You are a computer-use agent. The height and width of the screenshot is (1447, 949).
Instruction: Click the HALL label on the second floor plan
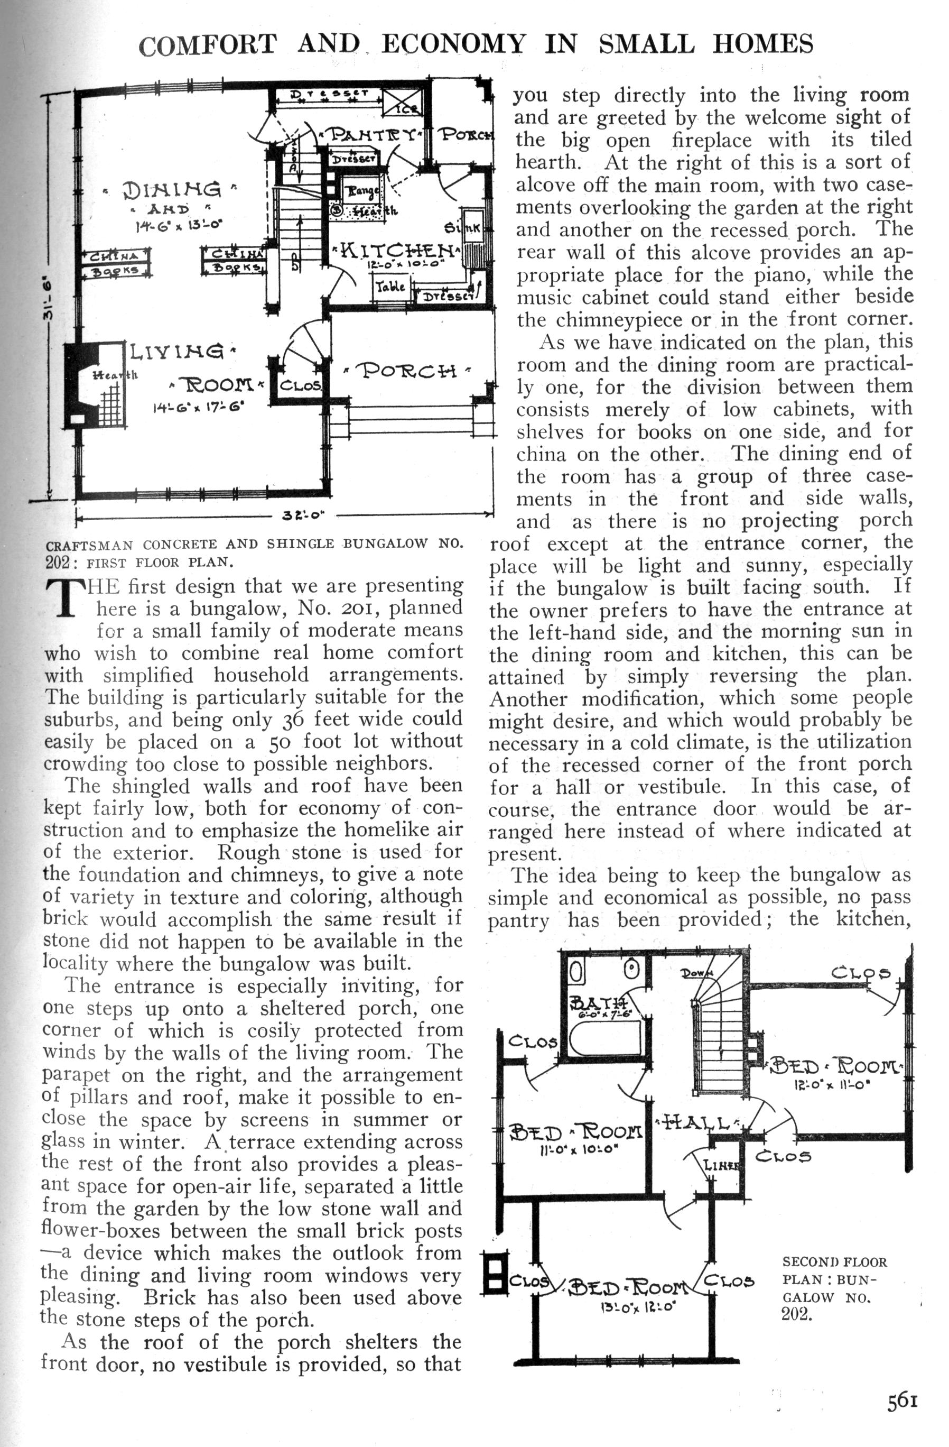(x=697, y=1123)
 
